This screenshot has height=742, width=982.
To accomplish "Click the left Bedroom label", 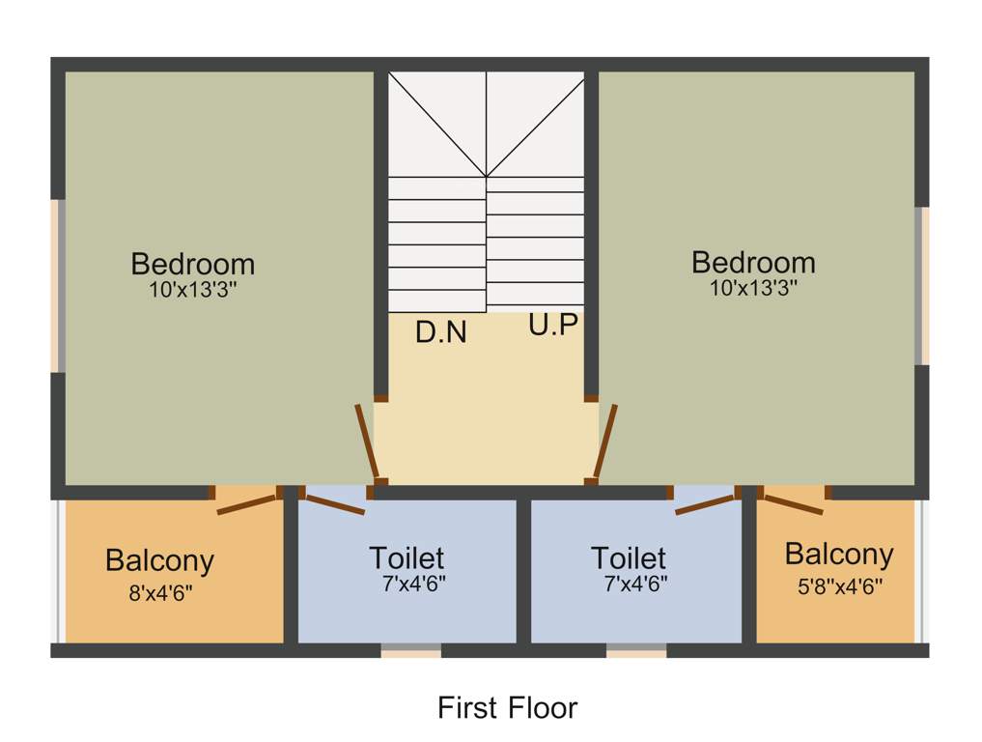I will pyautogui.click(x=193, y=264).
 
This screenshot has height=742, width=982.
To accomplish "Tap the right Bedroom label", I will pyautogui.click(x=753, y=262).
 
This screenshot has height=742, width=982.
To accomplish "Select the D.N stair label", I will pyautogui.click(x=441, y=332).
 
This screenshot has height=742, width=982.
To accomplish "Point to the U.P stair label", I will pyautogui.click(x=553, y=326).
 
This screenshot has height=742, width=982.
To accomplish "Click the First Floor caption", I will pyautogui.click(x=507, y=707).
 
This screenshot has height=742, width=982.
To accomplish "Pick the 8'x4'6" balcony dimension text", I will pyautogui.click(x=160, y=593).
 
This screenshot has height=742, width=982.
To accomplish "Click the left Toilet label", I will pyautogui.click(x=407, y=557).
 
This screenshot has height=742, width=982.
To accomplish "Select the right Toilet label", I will pyautogui.click(x=629, y=557).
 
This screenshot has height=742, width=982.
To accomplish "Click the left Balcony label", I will pyautogui.click(x=159, y=560).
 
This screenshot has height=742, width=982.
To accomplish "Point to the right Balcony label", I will pyautogui.click(x=838, y=554).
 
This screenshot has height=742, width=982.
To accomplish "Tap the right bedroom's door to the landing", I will pyautogui.click(x=606, y=441).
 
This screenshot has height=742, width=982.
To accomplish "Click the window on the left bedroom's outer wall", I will pyautogui.click(x=58, y=286).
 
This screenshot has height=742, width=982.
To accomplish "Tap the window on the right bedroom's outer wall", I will pyautogui.click(x=922, y=286).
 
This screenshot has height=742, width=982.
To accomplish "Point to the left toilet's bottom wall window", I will pyautogui.click(x=410, y=650).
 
